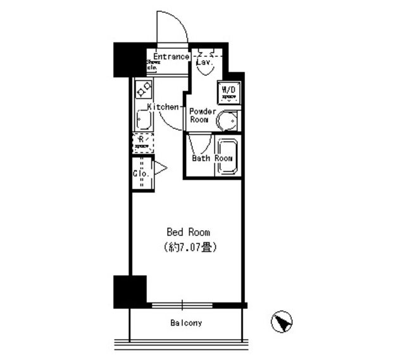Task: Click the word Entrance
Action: click(171, 56)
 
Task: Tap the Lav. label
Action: click(204, 63)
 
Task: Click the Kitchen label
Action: click(164, 107)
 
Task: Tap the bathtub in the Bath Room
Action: click(226, 155)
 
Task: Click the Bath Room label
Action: click(213, 158)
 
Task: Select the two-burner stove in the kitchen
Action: click(142, 88)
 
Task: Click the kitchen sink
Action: click(142, 118)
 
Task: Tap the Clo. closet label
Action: click(140, 173)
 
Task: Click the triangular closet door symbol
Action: click(159, 168)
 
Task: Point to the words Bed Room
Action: click(188, 232)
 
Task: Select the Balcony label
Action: click(186, 323)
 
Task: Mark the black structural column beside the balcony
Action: click(130, 291)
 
